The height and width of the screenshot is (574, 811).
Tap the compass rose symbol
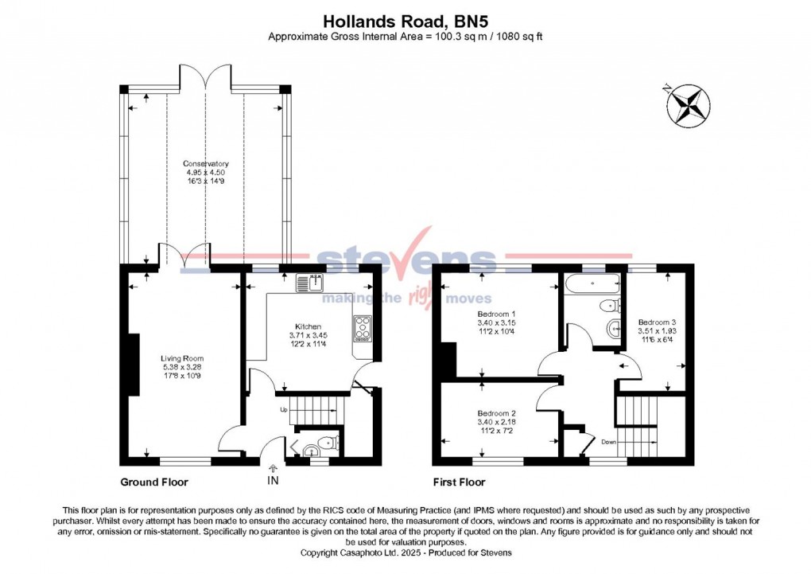(x=688, y=105)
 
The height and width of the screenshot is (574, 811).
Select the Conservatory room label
(x=206, y=165)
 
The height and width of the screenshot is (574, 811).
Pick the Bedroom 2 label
(x=497, y=413)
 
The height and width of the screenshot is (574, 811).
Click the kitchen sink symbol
(x=312, y=282)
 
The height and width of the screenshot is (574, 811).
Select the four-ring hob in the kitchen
(x=363, y=327)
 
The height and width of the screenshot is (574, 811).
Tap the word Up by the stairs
(x=284, y=410)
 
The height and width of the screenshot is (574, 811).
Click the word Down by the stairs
(x=608, y=441)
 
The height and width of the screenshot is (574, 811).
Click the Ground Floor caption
(x=154, y=482)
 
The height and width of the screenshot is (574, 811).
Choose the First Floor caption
(x=460, y=482)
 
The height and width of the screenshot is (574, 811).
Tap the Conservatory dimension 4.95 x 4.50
(x=206, y=173)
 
